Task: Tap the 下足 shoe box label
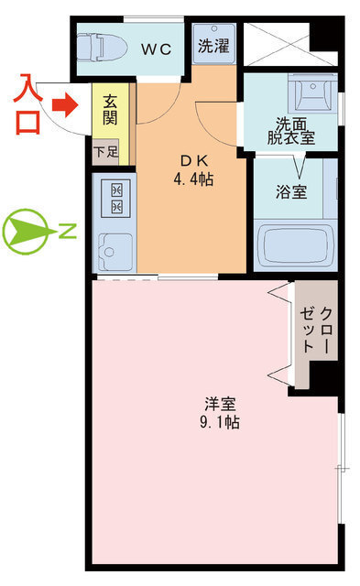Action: coord(105,152)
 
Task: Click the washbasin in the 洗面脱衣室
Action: coord(308,92)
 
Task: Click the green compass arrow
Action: coord(28,233)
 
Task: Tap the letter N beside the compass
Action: coord(68,233)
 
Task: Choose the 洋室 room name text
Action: coord(219,403)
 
